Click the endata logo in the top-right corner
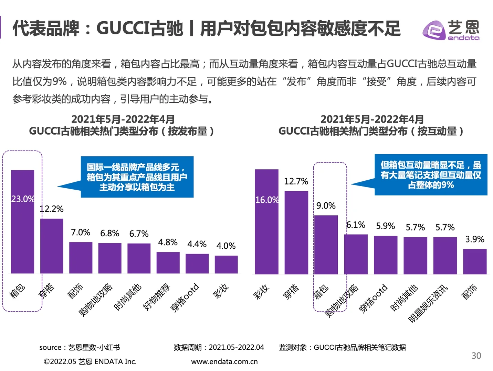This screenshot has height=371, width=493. (x=451, y=30)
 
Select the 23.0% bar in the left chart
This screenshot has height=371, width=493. (x=22, y=222)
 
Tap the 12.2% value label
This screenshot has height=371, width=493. (x=52, y=209)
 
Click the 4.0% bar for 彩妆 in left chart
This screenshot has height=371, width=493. (x=226, y=265)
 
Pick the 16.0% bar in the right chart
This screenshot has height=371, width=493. (x=266, y=222)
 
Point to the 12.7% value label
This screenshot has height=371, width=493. (x=296, y=181)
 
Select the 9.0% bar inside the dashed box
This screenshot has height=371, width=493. (x=326, y=245)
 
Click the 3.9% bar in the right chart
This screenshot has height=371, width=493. (x=474, y=261)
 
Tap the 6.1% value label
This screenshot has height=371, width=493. (x=356, y=225)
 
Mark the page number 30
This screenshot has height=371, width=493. (x=476, y=356)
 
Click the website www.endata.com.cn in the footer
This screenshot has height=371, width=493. (x=224, y=361)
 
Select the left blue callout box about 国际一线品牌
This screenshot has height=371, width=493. (x=137, y=177)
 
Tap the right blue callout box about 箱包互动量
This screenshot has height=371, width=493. (x=431, y=175)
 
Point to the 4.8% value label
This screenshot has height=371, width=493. (x=168, y=243)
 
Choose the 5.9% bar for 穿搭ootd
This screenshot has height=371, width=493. (x=385, y=255)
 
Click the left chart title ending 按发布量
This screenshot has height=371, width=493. (x=122, y=125)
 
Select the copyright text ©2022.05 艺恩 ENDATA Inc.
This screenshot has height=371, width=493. (x=90, y=361)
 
